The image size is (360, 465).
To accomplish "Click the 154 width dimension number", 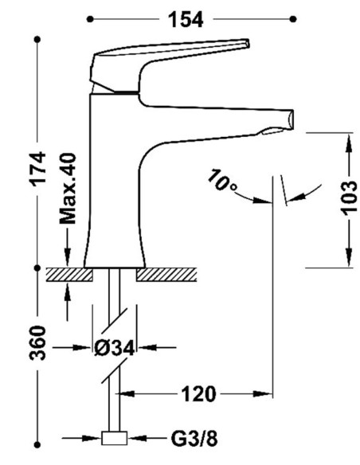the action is [x=186, y=20].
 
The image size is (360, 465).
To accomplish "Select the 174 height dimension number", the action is [x=39, y=169].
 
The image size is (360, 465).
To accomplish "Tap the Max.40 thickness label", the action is [x=68, y=189].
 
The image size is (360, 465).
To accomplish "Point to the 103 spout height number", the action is [x=349, y=197].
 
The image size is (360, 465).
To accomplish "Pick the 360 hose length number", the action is [x=38, y=343].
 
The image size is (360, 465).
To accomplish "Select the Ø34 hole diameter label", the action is [x=115, y=348].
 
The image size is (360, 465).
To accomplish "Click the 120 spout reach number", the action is [x=198, y=394].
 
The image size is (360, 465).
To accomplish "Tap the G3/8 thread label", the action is [x=194, y=439].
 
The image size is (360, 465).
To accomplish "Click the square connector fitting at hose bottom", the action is [x=115, y=438].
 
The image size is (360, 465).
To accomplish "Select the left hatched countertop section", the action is [x=69, y=275].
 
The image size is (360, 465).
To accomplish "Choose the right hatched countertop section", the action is [x=166, y=275].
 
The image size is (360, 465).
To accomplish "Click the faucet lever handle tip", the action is [x=247, y=43].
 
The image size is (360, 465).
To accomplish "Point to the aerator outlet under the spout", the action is [x=272, y=131].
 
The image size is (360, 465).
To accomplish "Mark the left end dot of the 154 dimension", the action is [x=90, y=19].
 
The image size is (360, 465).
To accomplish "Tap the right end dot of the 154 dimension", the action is [x=293, y=19].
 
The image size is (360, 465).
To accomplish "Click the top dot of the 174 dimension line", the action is [x=37, y=39].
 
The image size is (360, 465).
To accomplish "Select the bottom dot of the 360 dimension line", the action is [x=37, y=445].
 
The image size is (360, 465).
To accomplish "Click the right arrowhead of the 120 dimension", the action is [x=263, y=394].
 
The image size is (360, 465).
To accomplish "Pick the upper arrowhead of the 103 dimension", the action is [x=349, y=143].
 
